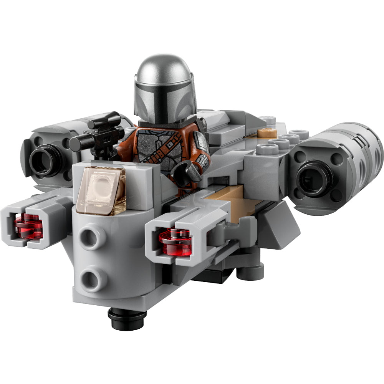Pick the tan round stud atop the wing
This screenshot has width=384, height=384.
pyautogui.click(x=267, y=132)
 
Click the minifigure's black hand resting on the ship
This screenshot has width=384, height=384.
pyautogui.click(x=186, y=173)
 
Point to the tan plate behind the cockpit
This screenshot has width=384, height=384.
pyautogui.click(x=227, y=196)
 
